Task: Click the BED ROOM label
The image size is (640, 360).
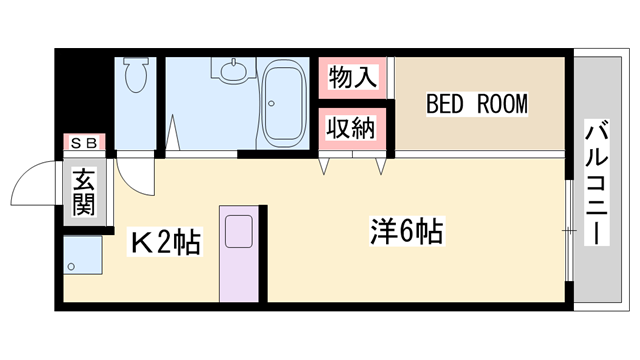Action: tap(476, 104)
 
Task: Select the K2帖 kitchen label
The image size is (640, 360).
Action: tap(165, 241)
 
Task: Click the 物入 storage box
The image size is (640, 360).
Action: tap(353, 77)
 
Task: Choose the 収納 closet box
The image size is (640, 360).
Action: tap(353, 128)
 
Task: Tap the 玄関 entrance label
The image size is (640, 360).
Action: tap(82, 193)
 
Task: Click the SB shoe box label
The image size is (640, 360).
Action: tap(82, 144)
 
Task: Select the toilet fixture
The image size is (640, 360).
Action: tap(137, 74)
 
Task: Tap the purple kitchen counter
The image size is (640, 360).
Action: tap(239, 254)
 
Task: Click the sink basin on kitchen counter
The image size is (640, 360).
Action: tap(240, 231)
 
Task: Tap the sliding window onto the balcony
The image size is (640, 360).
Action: tap(569, 231)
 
